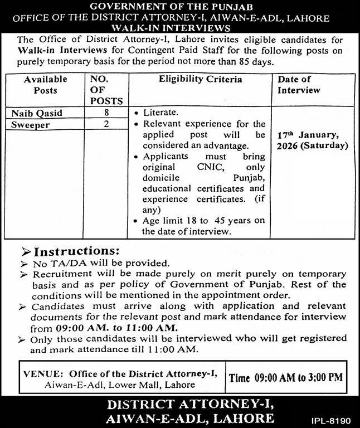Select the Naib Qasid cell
pos(37,113)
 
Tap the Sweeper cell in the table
pos(31,125)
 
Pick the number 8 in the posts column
pos(106,113)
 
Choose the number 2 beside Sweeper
pos(106,125)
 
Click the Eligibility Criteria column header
pos(201,80)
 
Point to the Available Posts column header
pos(45,85)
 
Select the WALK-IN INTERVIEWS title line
pos(179,27)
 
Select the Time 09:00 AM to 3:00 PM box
pos(285,377)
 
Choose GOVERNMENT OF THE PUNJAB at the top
pos(179,7)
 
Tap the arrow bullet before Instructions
pos(26,251)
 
